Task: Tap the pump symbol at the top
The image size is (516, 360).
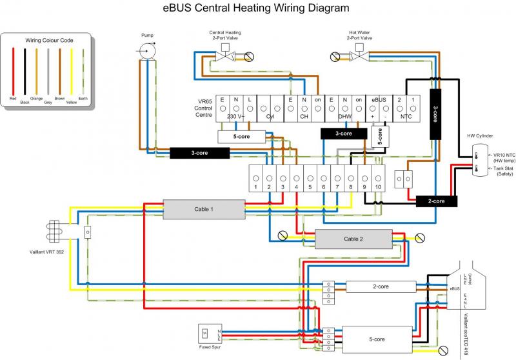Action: pyautogui.click(x=148, y=48)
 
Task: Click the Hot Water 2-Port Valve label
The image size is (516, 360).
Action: pyautogui.click(x=361, y=35)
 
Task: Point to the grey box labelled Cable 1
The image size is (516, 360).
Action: pyautogui.click(x=204, y=210)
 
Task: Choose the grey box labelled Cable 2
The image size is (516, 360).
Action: pyautogui.click(x=353, y=239)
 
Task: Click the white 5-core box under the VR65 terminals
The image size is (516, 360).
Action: pyautogui.click(x=241, y=137)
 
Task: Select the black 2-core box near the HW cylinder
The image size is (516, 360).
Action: pyautogui.click(x=436, y=201)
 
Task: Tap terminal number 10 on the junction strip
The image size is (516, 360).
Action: pyautogui.click(x=379, y=177)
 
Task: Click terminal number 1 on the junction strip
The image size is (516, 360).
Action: pyautogui.click(x=256, y=177)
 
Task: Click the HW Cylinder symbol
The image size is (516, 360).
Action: pyautogui.click(x=481, y=160)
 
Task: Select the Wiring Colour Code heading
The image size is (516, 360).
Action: pyautogui.click(x=49, y=40)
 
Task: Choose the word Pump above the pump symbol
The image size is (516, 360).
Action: pyautogui.click(x=148, y=34)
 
